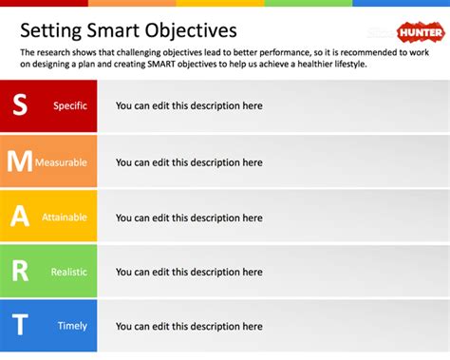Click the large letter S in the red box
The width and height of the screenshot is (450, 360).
(x=20, y=106)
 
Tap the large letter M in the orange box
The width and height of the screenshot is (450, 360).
(x=20, y=161)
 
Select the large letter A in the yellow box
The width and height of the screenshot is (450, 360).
(x=20, y=217)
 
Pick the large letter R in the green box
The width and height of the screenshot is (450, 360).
(x=20, y=272)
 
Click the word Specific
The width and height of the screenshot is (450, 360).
(x=70, y=106)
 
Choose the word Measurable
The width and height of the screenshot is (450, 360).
(x=64, y=162)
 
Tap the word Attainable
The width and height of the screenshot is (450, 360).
(x=65, y=218)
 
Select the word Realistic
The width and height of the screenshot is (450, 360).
(x=68, y=273)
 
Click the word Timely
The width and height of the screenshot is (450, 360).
(x=72, y=327)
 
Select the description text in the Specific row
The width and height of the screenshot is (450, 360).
(x=189, y=106)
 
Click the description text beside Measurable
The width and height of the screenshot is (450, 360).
(x=189, y=162)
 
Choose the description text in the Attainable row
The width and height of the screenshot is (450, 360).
(x=189, y=218)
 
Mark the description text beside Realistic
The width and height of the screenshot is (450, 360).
(x=189, y=273)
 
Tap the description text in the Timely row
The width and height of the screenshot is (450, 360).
(x=189, y=327)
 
